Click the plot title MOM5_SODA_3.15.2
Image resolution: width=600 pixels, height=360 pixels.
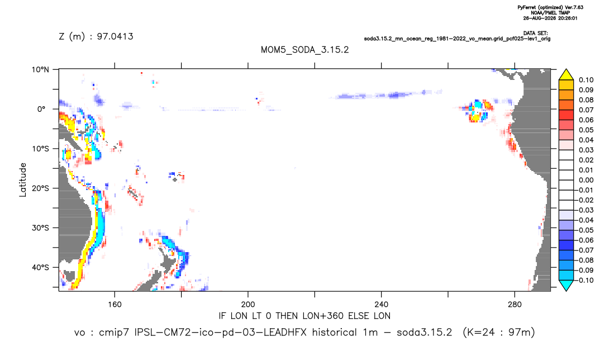(304, 50)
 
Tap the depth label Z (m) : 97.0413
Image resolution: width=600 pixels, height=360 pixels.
(96, 36)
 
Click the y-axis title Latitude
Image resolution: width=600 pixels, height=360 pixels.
(23, 180)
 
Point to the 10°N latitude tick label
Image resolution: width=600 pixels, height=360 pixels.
(40, 70)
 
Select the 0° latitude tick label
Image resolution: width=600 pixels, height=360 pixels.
(41, 109)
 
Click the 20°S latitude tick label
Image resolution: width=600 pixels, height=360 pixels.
(40, 188)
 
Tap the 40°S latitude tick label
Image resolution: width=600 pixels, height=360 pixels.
(40, 267)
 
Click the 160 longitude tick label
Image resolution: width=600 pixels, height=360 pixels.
(115, 305)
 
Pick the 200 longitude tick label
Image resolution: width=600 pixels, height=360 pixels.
(248, 305)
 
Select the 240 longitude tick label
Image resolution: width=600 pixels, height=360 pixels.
(381, 305)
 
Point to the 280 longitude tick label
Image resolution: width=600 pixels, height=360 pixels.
(515, 305)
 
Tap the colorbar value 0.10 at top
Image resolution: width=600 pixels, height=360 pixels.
(586, 80)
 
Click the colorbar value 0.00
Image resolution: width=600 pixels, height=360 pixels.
(586, 180)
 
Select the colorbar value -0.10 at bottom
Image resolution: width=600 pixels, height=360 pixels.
(584, 280)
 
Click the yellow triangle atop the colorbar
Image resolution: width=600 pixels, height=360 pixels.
(566, 75)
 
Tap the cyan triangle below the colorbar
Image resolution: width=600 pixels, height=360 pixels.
(566, 286)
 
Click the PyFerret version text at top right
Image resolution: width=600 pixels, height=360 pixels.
(550, 8)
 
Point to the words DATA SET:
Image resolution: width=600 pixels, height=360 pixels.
(535, 34)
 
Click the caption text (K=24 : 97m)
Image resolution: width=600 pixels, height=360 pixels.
(498, 333)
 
